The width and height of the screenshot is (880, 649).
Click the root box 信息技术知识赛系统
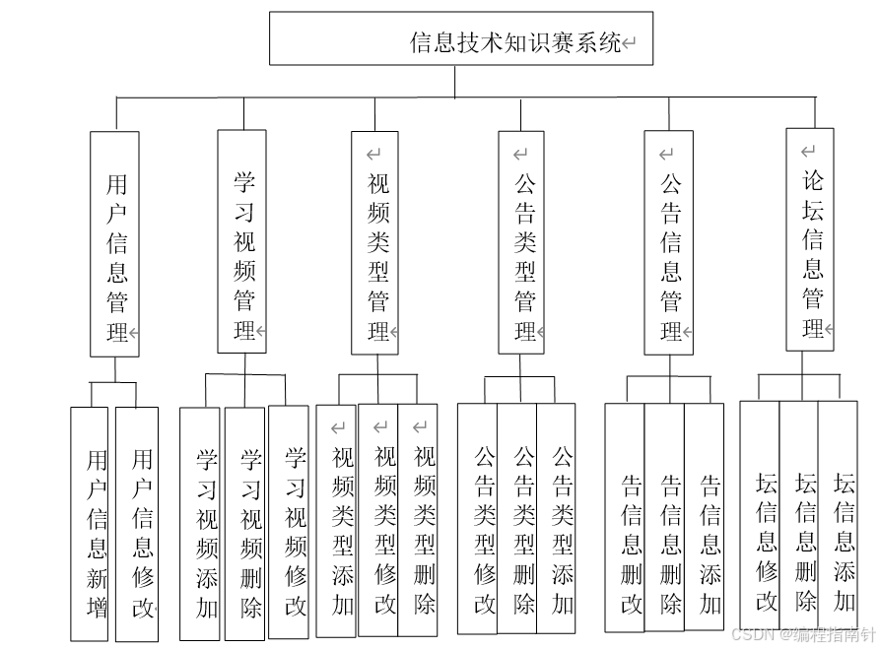pyautogui.click(x=461, y=38)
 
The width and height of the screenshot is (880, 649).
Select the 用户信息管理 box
pyautogui.click(x=114, y=243)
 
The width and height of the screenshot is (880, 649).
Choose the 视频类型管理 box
pyautogui.click(x=375, y=242)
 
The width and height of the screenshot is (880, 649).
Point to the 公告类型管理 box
pyautogui.click(x=521, y=242)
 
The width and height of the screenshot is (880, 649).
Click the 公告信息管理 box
pyautogui.click(x=669, y=242)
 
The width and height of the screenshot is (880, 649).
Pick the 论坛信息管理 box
pyautogui.click(x=810, y=239)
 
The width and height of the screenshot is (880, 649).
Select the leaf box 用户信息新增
pyautogui.click(x=90, y=524)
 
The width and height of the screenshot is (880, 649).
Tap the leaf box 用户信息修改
pyautogui.click(x=137, y=524)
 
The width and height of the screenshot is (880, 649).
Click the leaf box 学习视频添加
pyautogui.click(x=200, y=524)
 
